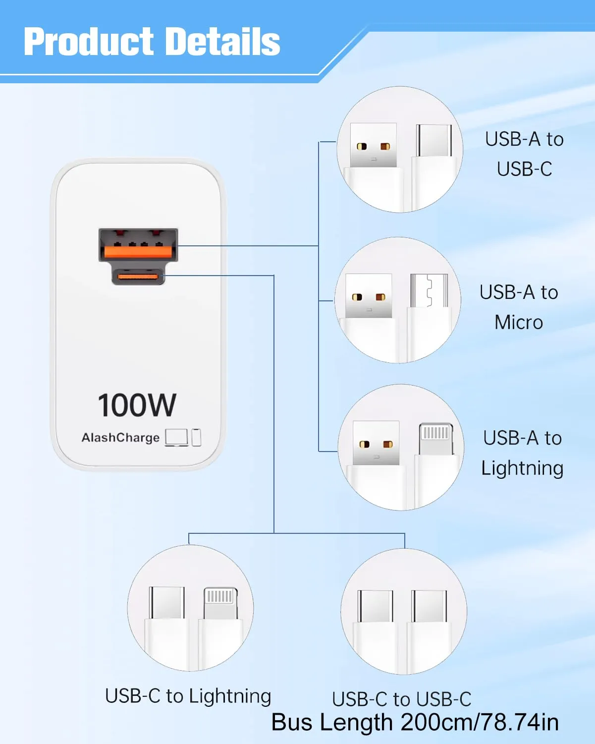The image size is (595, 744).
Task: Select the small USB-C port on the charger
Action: (x=138, y=276)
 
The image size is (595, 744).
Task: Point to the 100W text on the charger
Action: (x=137, y=405)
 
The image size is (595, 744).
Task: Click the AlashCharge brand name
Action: (x=120, y=438)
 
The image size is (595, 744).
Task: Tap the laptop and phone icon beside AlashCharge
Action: (x=183, y=437)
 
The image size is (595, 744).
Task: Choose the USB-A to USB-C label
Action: (x=524, y=154)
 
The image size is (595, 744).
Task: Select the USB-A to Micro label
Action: (x=519, y=307)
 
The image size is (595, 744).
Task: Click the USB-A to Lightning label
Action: (x=522, y=453)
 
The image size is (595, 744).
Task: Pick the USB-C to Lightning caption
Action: (x=188, y=696)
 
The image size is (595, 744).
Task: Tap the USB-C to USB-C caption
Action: (x=401, y=699)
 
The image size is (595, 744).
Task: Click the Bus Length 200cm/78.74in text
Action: (x=415, y=722)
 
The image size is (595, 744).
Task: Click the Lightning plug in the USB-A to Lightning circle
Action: (x=435, y=439)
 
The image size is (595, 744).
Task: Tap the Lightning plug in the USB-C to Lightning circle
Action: (x=220, y=603)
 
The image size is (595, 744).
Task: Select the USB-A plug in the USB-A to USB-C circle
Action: (x=373, y=145)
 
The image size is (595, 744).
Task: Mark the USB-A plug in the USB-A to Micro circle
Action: (x=369, y=295)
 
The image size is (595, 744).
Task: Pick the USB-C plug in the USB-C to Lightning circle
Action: (x=166, y=603)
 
